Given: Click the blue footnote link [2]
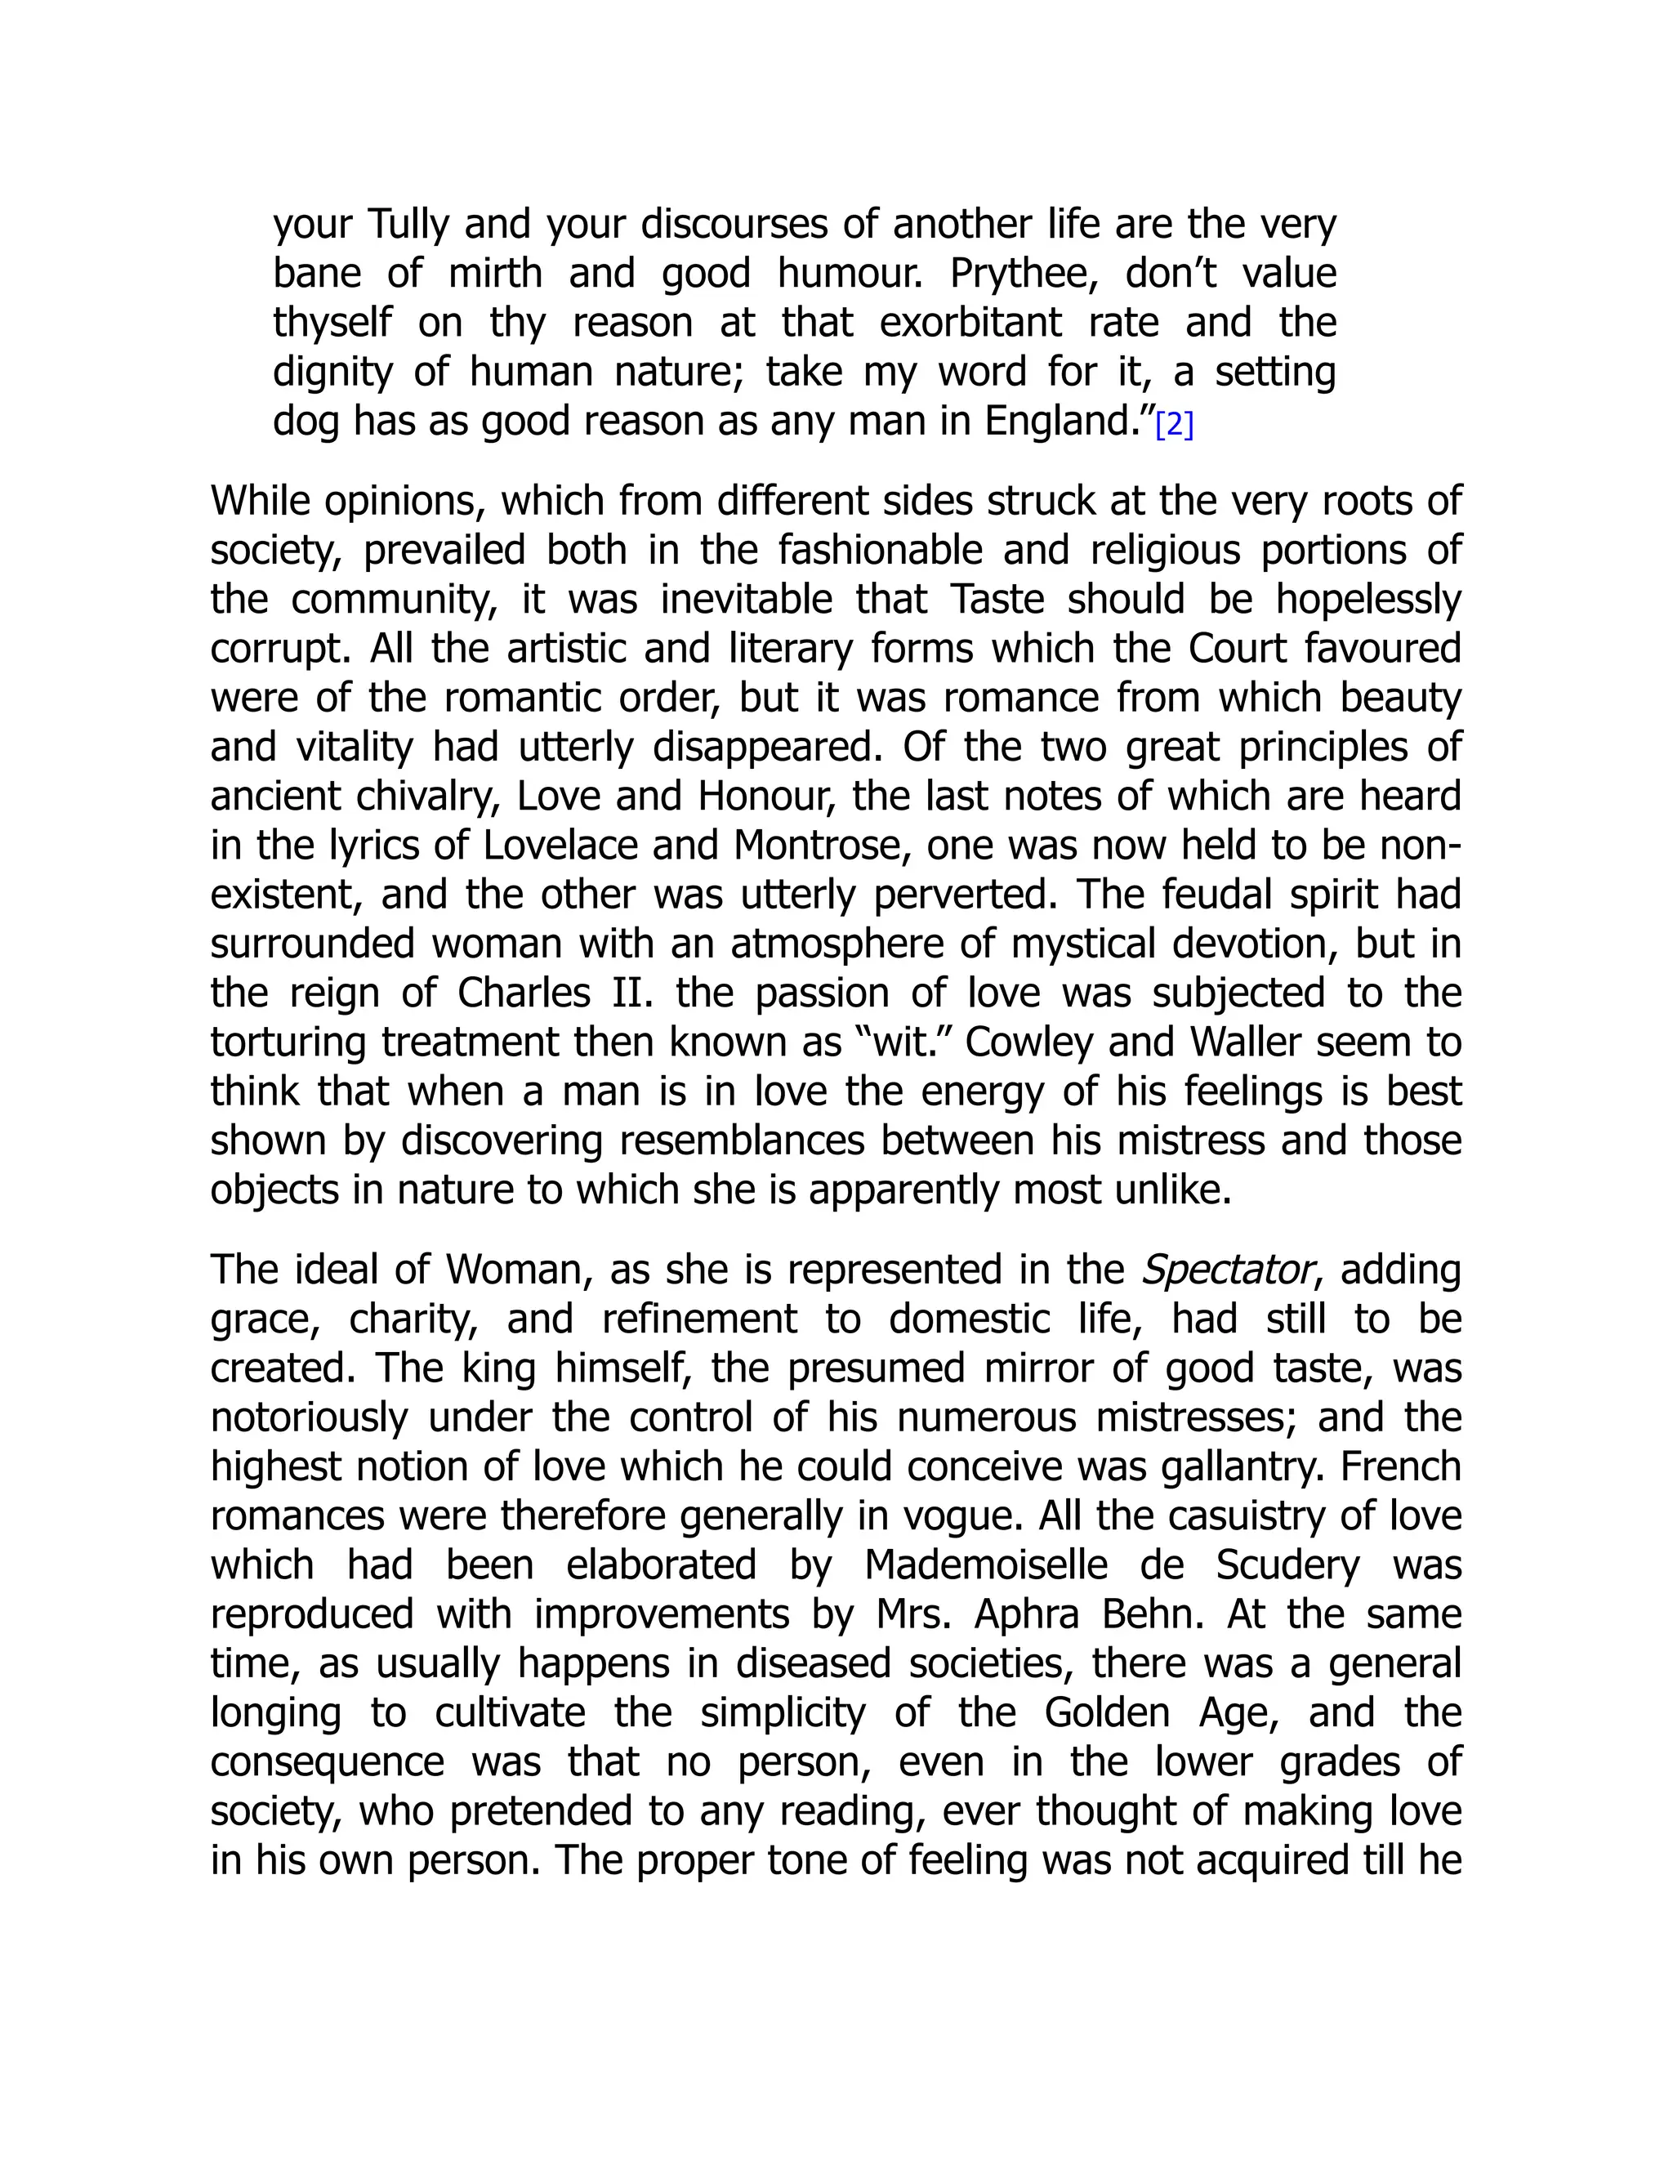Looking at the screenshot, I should click(1175, 426).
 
